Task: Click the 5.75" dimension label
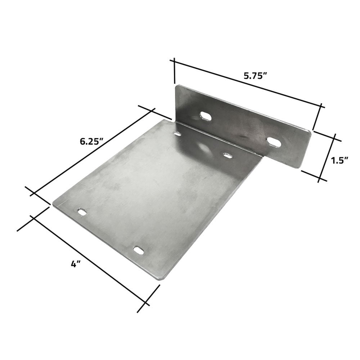click(255, 76)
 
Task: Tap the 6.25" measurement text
click(91, 141)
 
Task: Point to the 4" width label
click(75, 264)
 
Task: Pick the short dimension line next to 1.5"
click(327, 157)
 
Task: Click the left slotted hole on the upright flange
click(206, 116)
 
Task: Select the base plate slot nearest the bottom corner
click(138, 249)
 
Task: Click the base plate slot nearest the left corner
click(83, 212)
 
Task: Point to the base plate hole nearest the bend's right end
click(227, 156)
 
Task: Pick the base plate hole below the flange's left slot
click(177, 134)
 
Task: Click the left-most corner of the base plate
click(53, 204)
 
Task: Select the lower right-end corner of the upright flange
click(299, 167)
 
